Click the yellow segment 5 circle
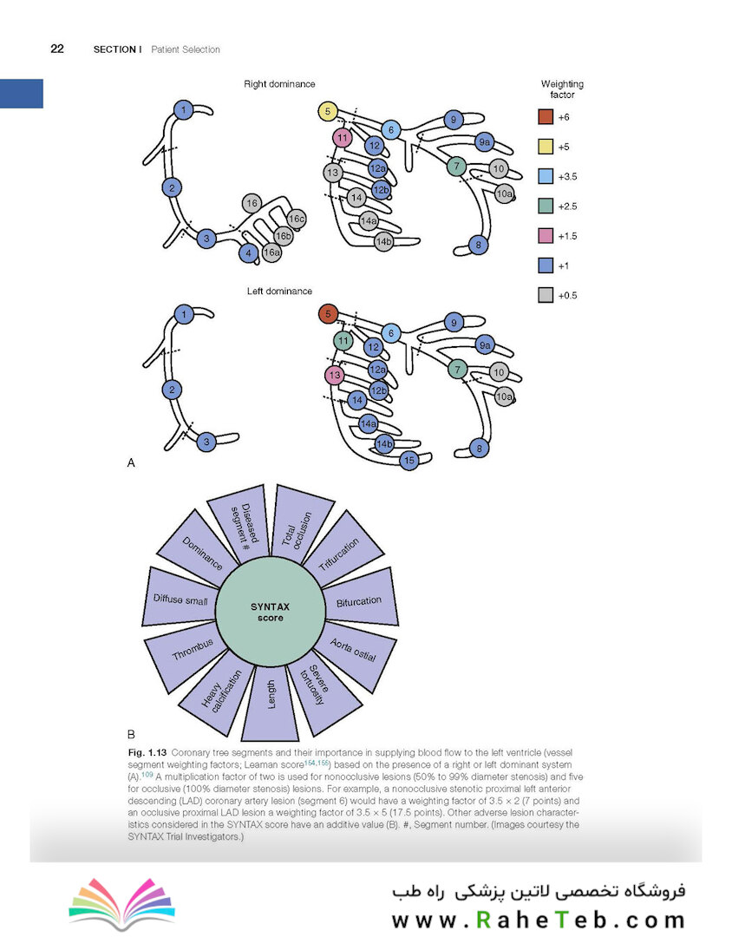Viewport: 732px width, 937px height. [328, 111]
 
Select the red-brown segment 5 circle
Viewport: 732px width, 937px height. [328, 314]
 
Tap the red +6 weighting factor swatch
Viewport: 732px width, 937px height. [546, 116]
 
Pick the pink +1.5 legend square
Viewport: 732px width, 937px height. [546, 235]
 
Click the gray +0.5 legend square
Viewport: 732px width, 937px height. [546, 295]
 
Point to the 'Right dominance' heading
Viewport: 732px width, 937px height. [279, 84]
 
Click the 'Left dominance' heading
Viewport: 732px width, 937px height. [279, 291]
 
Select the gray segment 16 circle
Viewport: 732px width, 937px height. [252, 203]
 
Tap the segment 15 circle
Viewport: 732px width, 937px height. [408, 460]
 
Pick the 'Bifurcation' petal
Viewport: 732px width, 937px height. [361, 599]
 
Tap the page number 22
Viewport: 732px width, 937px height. [57, 49]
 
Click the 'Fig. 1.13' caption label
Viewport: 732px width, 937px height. [147, 752]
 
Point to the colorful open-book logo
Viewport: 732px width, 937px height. [122, 903]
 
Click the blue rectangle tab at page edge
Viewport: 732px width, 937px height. [22, 94]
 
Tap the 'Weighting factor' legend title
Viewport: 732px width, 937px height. [562, 89]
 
